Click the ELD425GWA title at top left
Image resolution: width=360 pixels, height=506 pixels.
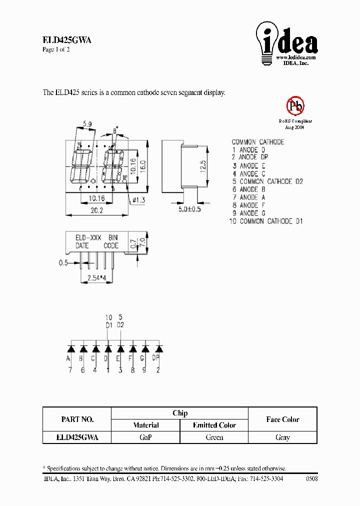(66, 41)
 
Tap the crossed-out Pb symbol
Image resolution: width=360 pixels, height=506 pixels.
(295, 106)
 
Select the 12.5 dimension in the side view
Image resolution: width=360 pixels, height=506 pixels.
(202, 166)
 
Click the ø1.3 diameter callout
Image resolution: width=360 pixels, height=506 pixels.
(139, 200)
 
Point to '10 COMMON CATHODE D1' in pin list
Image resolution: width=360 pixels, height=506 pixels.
(266, 221)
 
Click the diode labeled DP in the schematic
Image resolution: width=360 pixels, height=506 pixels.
(158, 348)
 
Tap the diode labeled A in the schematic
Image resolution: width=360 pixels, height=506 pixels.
(70, 348)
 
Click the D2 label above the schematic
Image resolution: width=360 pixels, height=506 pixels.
(120, 325)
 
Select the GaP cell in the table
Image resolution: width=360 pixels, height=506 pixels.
(145, 437)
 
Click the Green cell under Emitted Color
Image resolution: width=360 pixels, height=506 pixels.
(214, 437)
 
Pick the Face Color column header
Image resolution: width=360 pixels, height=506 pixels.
(282, 419)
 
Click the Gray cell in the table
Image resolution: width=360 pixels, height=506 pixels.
(282, 437)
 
